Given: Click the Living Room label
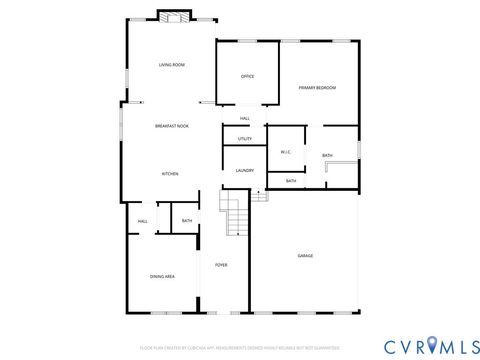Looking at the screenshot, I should [x=172, y=65].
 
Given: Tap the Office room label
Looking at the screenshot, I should [x=248, y=77].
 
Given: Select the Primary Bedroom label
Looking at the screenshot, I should [x=317, y=88].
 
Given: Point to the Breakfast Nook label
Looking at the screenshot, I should [x=172, y=126].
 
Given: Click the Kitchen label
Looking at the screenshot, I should [x=171, y=174].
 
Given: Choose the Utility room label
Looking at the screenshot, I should [x=245, y=138].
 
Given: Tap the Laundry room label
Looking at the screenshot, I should [x=245, y=171].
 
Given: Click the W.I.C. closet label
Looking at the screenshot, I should [x=285, y=152].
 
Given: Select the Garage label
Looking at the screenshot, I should [x=305, y=256].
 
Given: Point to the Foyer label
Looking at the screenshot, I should [x=221, y=265].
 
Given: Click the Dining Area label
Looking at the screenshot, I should [x=163, y=276].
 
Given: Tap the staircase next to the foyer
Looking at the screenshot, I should [x=234, y=213].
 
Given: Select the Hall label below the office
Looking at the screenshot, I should [x=244, y=119].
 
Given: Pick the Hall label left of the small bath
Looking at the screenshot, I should [x=143, y=221].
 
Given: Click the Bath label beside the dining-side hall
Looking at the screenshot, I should [x=187, y=221].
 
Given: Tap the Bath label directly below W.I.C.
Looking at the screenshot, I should [x=291, y=181].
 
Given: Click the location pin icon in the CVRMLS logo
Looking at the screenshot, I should [x=432, y=346].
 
